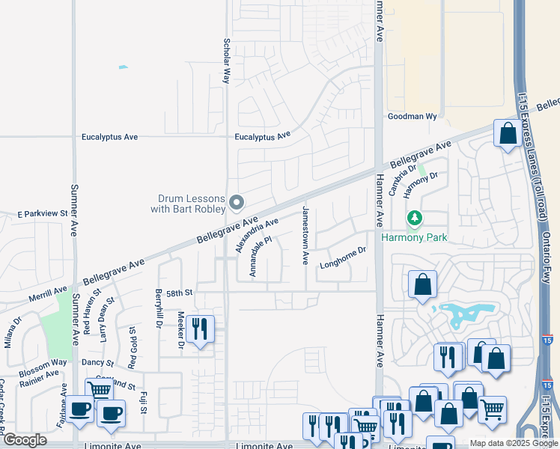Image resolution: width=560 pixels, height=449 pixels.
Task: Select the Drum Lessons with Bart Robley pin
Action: [237, 203]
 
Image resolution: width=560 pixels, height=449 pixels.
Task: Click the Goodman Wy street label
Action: [412, 117]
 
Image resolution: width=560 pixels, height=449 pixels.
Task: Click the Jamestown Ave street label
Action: [305, 236]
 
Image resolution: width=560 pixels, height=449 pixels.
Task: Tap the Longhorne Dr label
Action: [343, 257]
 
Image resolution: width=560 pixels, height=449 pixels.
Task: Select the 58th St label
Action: [180, 293]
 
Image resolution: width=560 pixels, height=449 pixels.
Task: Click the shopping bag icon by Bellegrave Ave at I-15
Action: [508, 135]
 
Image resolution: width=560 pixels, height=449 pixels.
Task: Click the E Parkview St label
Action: [43, 214]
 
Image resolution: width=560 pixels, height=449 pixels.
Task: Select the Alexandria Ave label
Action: [257, 235]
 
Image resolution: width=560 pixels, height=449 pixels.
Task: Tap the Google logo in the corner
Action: [25, 440]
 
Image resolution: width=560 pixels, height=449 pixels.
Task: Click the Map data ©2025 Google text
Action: [513, 443]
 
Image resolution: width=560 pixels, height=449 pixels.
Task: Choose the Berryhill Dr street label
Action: [159, 308]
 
